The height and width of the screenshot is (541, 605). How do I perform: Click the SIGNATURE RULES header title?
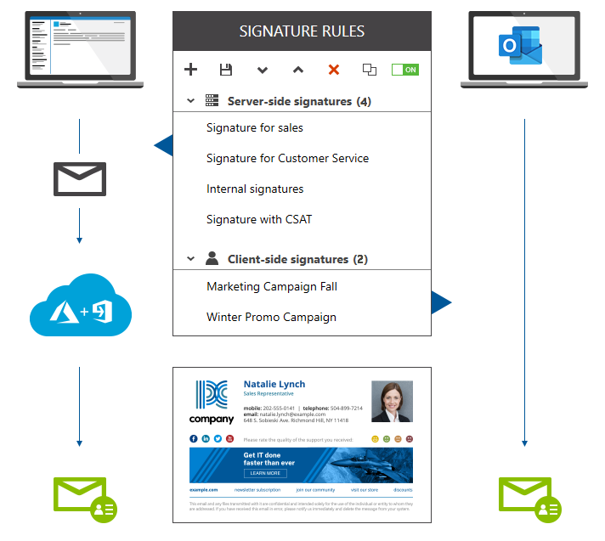(x=302, y=31)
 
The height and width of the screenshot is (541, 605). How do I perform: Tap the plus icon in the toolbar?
(x=191, y=70)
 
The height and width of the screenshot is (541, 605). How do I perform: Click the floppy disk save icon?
(x=226, y=70)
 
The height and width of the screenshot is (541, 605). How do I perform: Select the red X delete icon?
(x=334, y=70)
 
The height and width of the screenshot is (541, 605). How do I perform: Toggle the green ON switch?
(x=404, y=70)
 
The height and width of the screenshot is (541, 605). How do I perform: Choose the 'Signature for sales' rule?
(x=255, y=128)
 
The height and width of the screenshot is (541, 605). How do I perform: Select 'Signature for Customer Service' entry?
(x=287, y=159)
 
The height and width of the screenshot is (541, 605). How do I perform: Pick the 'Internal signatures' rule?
(x=255, y=189)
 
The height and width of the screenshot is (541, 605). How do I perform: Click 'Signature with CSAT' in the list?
(x=259, y=220)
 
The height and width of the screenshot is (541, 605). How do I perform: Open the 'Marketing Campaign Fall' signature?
(x=272, y=287)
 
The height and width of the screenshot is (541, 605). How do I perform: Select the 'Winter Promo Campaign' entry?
(x=271, y=318)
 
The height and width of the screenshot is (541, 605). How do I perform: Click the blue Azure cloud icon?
(x=80, y=307)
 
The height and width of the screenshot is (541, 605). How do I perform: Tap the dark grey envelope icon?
(x=79, y=178)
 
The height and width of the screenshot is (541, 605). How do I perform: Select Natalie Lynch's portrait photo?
(x=392, y=402)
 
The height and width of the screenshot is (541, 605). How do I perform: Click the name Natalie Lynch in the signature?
(x=274, y=384)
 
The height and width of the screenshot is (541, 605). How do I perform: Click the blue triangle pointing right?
(x=441, y=301)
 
